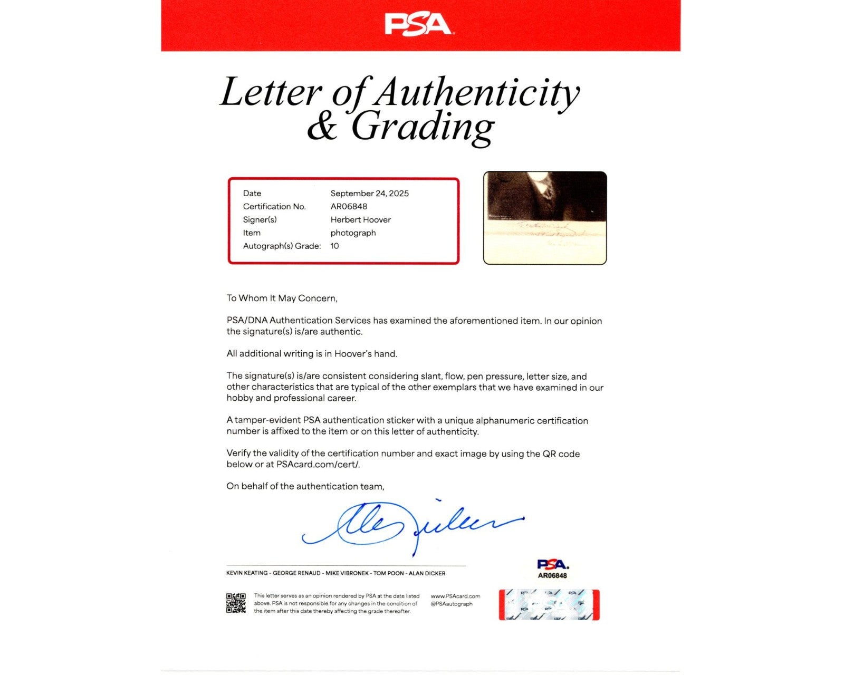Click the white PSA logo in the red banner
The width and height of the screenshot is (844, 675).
tap(417, 24)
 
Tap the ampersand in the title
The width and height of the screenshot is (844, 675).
tap(322, 128)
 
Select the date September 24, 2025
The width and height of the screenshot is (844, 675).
tap(369, 194)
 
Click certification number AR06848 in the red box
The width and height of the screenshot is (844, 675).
tap(349, 207)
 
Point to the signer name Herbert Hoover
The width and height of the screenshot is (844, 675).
tap(360, 220)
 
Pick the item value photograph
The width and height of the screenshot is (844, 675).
tap(353, 233)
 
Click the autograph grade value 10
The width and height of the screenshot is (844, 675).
tap(334, 246)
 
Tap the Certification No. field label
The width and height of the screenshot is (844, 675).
tap(274, 207)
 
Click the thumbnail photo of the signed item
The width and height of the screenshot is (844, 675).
tap(545, 217)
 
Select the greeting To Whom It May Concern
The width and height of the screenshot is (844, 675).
tap(282, 298)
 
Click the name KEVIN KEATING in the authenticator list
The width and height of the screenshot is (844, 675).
tap(247, 573)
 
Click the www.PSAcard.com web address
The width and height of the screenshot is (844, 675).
tap(455, 596)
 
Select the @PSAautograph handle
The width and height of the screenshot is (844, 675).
tap(452, 604)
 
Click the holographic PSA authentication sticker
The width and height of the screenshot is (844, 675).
tap(549, 604)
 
